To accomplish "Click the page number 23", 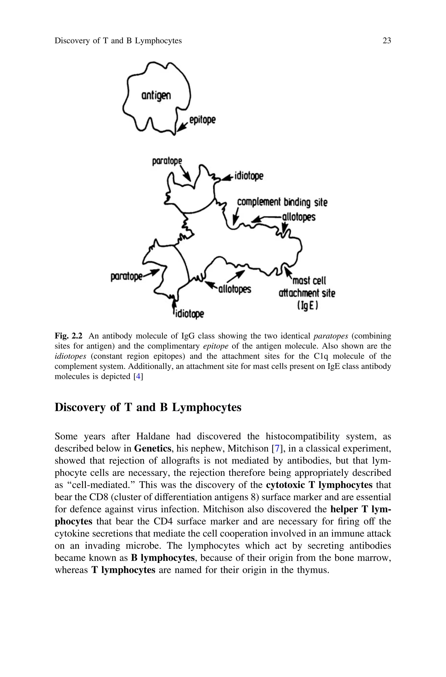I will click(387, 41).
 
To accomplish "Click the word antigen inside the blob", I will click(156, 96).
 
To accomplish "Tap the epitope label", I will click(202, 120).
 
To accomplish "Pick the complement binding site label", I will click(282, 202).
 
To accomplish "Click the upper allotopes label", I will click(299, 217).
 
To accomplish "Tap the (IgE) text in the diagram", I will click(307, 305).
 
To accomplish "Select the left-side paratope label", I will click(126, 276).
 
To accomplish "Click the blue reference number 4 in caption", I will click(138, 376).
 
